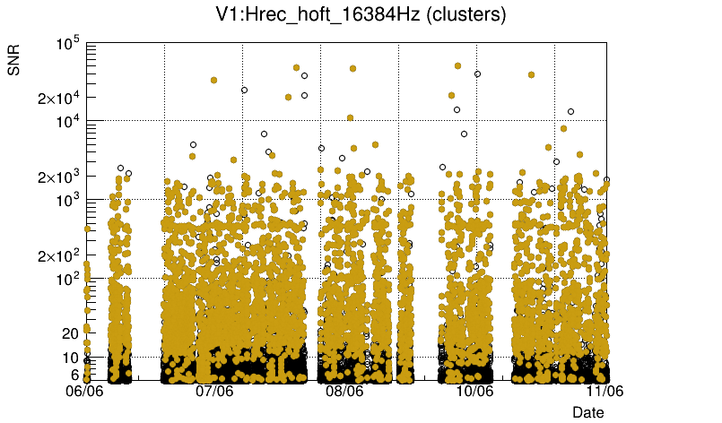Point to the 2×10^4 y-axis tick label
(x=57, y=98)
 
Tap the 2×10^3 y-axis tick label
(x=57, y=177)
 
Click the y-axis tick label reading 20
(x=70, y=333)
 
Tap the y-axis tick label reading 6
(x=74, y=375)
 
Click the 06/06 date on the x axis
(x=86, y=392)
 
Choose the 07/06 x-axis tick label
(x=214, y=392)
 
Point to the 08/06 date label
(x=344, y=392)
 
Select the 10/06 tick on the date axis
(x=474, y=392)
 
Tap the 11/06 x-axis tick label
(x=604, y=392)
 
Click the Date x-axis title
(x=588, y=412)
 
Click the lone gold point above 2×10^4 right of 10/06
(x=531, y=75)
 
